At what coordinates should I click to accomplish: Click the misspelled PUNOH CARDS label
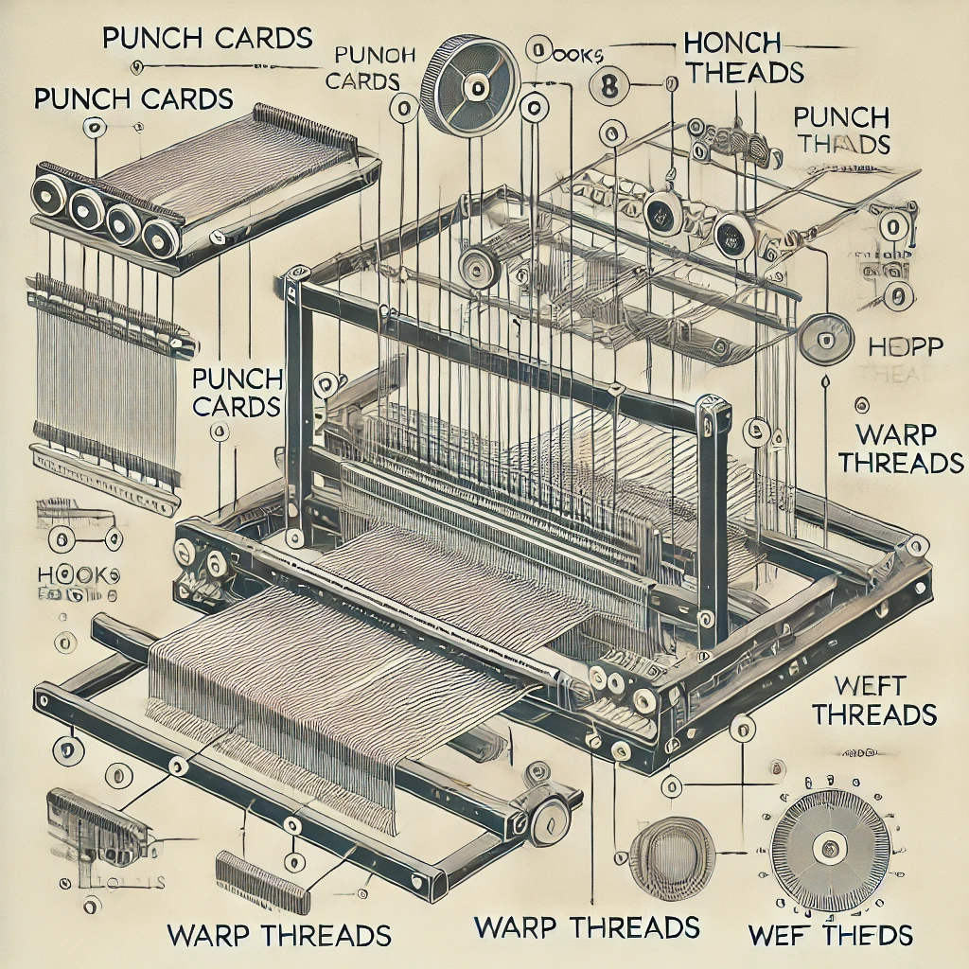point(362,66)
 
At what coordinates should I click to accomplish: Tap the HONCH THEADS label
point(743,57)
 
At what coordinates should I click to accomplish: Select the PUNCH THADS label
point(842,131)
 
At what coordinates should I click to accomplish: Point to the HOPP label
point(906,345)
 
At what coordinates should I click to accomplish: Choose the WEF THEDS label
point(830,936)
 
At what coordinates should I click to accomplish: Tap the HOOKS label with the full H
point(78,574)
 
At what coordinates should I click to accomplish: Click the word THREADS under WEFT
point(873,714)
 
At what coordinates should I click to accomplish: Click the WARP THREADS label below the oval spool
point(587,926)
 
